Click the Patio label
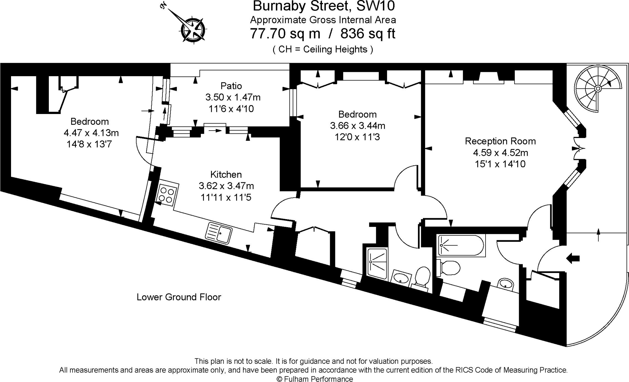click(x=231, y=86)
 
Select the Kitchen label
click(x=226, y=175)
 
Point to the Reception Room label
click(x=500, y=141)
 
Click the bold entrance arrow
click(x=573, y=258)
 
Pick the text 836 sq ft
click(x=368, y=33)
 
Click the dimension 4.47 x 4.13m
click(x=91, y=133)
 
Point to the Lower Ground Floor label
click(x=179, y=297)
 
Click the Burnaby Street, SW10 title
click(x=324, y=6)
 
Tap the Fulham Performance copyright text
click(x=315, y=379)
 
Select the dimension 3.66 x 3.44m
click(x=357, y=126)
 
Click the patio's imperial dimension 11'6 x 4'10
click(x=231, y=109)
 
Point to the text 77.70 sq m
click(x=285, y=33)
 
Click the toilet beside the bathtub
click(x=449, y=268)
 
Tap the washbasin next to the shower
click(x=401, y=278)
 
